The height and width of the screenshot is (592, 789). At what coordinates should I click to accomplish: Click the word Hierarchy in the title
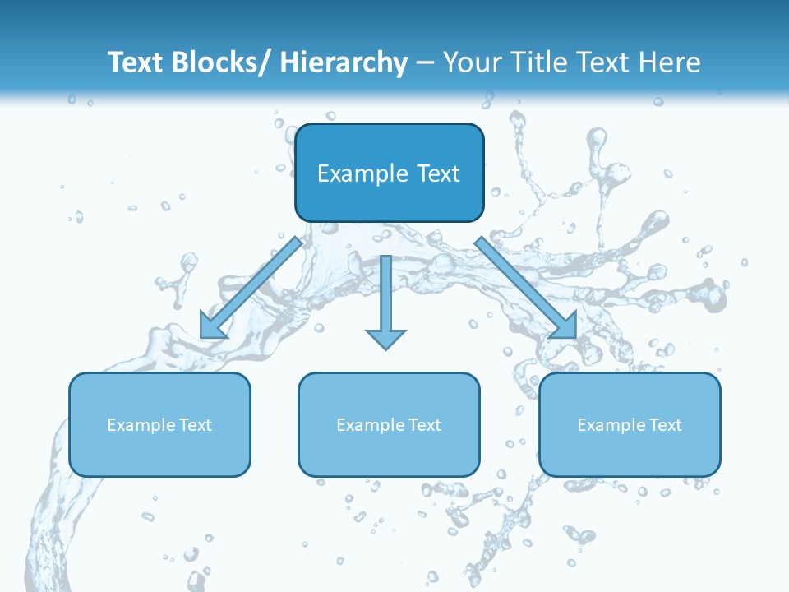click(344, 63)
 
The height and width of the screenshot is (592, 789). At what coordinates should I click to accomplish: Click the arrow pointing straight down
click(385, 296)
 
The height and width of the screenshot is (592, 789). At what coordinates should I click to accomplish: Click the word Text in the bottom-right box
click(666, 425)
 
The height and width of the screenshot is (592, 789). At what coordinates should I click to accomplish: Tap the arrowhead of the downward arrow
click(385, 339)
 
